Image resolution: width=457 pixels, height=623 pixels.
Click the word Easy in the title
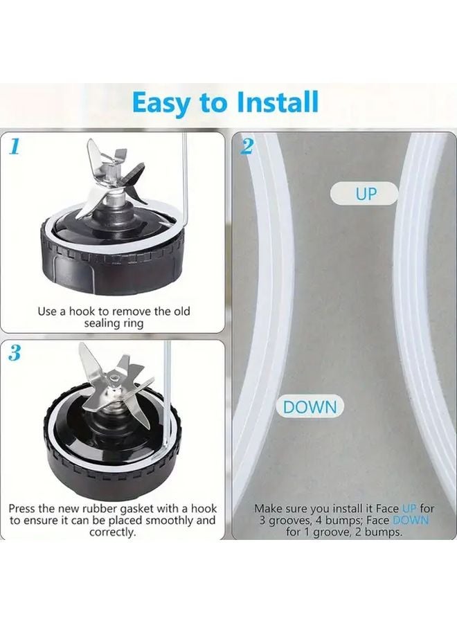click(161, 102)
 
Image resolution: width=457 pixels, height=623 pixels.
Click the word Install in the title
click(278, 102)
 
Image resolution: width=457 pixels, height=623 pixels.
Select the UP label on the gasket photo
click(365, 194)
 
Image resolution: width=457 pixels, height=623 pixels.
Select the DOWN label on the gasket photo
click(310, 407)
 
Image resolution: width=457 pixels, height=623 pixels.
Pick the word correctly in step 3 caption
click(111, 532)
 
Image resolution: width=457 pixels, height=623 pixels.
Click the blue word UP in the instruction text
click(410, 508)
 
